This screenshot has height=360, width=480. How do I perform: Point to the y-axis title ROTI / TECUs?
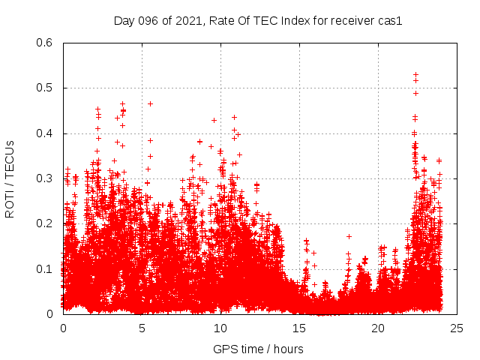(10, 178)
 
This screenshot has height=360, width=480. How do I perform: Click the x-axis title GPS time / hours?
(258, 349)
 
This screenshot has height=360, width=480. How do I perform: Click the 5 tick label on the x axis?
(142, 328)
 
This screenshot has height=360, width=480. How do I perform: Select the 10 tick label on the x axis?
(220, 328)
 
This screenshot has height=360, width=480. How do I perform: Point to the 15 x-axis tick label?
(299, 328)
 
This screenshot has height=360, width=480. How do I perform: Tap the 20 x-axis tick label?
(378, 328)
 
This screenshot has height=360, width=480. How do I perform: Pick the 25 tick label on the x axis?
(457, 328)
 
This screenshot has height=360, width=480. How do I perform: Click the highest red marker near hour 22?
(416, 75)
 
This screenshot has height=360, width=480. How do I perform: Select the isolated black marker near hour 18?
(349, 236)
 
